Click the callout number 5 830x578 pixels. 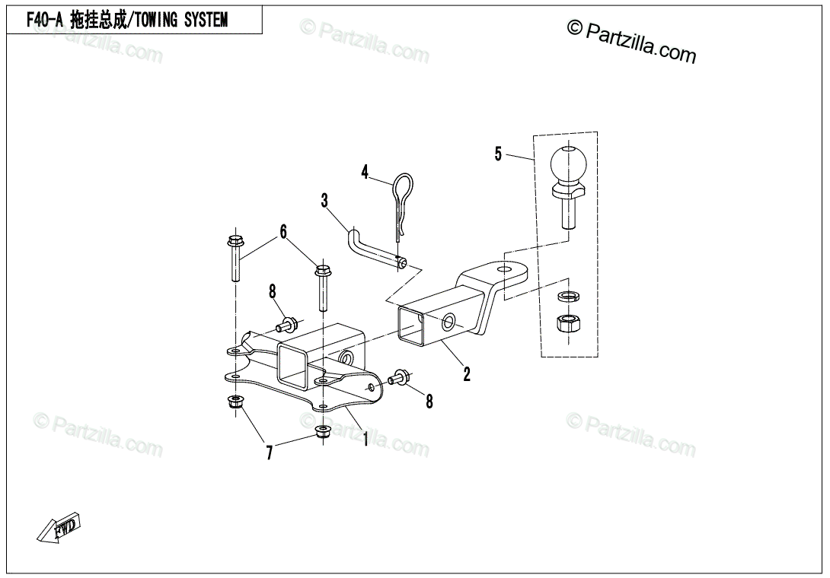pos(498,154)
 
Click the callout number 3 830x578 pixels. pos(324,201)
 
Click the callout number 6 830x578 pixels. pos(283,231)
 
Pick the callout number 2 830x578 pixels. pos(467,373)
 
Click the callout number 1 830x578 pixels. pos(366,439)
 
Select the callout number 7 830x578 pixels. pos(269,454)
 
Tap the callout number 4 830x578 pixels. pos(365,172)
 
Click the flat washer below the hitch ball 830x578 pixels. pos(567,295)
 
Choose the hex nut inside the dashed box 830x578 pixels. pos(567,325)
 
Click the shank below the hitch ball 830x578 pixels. pos(567,214)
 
